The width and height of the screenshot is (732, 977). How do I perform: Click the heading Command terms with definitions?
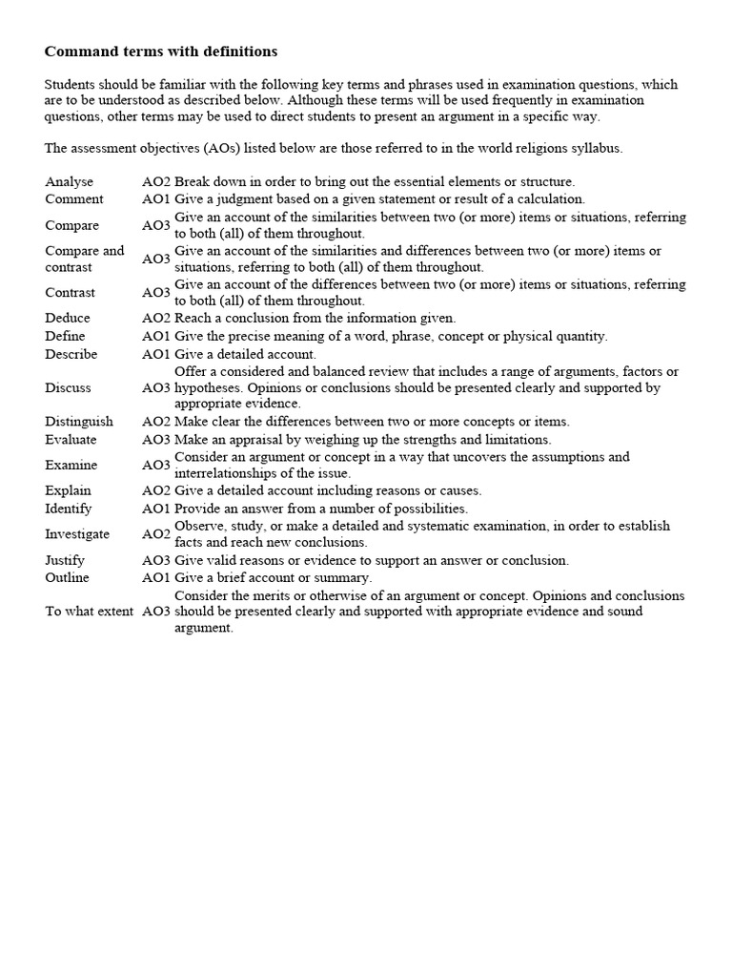tap(161, 52)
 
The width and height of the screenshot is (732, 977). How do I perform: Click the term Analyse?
tap(69, 181)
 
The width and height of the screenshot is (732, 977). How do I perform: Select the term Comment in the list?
tap(73, 199)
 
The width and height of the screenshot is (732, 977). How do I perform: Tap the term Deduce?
tap(68, 318)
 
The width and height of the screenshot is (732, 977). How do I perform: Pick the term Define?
tap(65, 336)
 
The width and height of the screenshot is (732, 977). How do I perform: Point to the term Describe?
tap(71, 354)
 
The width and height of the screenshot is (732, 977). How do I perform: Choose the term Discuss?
tap(68, 387)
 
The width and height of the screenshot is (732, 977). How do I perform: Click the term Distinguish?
tap(78, 421)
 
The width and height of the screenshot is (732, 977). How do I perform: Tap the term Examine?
tap(71, 465)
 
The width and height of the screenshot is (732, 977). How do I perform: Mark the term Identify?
tap(69, 509)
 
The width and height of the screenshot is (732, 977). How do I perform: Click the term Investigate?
tap(77, 534)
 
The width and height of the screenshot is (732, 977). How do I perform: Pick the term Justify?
tap(65, 560)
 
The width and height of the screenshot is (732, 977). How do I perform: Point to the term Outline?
tap(67, 577)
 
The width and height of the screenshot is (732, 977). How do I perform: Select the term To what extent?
tap(89, 611)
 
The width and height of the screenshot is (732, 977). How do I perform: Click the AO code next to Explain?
tap(156, 490)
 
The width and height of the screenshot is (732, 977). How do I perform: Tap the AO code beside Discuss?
tap(156, 387)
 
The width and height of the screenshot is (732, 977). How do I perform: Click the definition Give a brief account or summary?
tap(273, 577)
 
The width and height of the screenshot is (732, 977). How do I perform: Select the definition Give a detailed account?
tap(245, 354)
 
